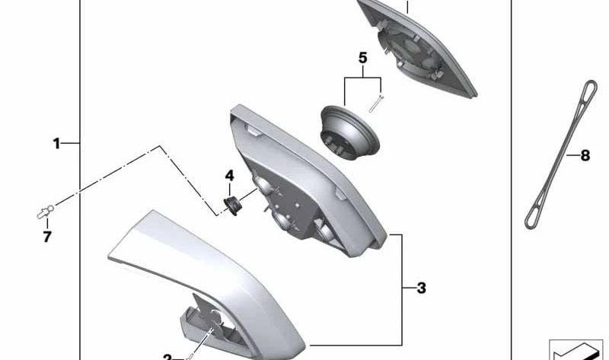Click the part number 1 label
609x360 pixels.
(x=56, y=143)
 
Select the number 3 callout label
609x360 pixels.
(x=421, y=288)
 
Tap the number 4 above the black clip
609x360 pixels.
(x=228, y=176)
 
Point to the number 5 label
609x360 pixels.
(x=362, y=58)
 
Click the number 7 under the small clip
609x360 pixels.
(x=47, y=237)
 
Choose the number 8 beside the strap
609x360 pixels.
(x=585, y=156)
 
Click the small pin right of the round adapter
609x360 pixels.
(x=377, y=103)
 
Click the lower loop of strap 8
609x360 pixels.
(x=534, y=217)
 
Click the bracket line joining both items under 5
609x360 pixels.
(x=362, y=78)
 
